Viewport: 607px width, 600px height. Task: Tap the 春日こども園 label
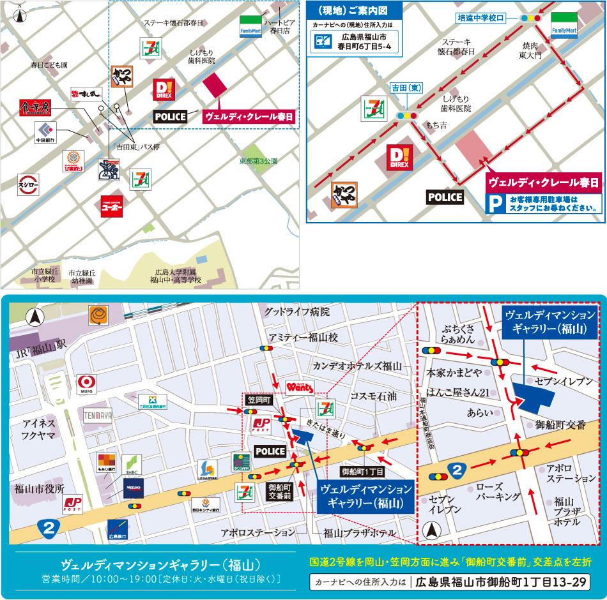[49, 65]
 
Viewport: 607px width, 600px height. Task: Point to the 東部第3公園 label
[259, 161]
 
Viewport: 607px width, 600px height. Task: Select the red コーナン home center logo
[112, 206]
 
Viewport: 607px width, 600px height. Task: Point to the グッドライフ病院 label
[297, 312]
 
